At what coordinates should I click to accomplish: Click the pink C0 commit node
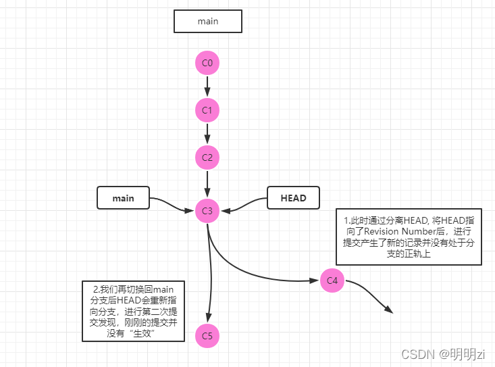point(207,64)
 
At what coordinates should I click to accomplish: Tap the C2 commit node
point(207,157)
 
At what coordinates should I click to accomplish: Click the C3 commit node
point(207,211)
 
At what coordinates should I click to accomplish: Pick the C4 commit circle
point(332,280)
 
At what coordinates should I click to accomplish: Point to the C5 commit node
point(207,335)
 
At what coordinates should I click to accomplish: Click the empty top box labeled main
point(207,21)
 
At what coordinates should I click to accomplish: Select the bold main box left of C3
point(123,198)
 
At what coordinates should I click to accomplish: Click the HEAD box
point(293,198)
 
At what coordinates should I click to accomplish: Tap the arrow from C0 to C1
point(207,87)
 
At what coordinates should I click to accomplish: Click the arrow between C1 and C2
point(207,134)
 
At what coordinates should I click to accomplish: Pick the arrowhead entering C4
point(315,279)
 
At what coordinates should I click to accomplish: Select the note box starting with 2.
point(133,311)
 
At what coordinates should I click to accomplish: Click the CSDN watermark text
point(418,353)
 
